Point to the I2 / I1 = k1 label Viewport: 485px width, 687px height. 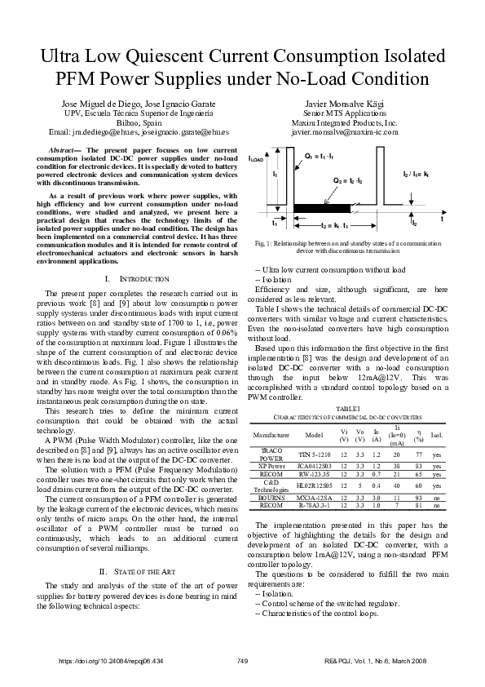418,174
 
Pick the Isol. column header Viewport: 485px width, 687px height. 437,436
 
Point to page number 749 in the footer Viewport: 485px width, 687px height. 242,660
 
